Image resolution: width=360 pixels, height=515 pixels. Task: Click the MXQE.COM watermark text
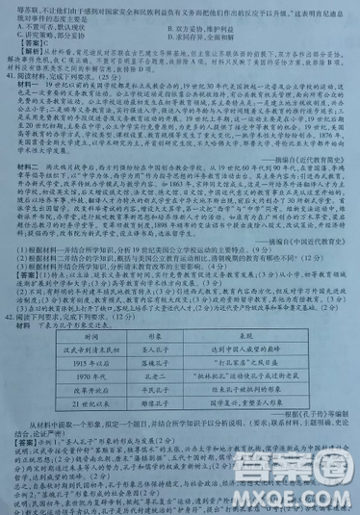[x=289, y=496]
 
